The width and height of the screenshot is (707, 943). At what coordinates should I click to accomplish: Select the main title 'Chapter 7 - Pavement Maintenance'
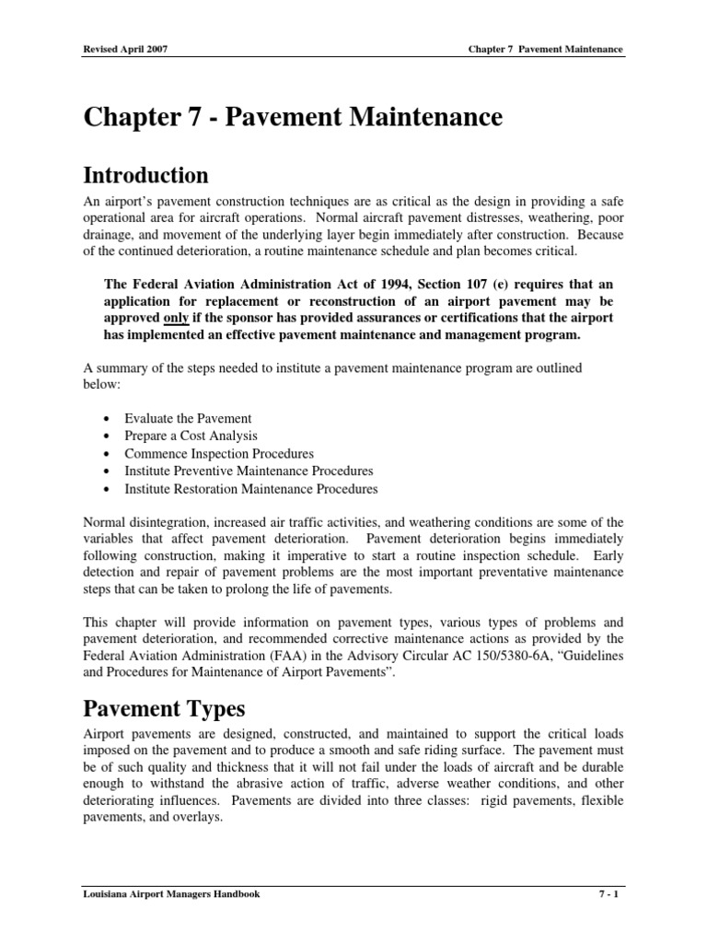coord(293,118)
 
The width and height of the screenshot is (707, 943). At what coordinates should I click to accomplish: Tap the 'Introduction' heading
coord(145,175)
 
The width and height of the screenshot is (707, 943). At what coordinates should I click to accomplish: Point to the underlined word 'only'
coord(176,318)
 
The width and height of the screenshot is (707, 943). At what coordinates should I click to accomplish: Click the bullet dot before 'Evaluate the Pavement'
coord(110,419)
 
